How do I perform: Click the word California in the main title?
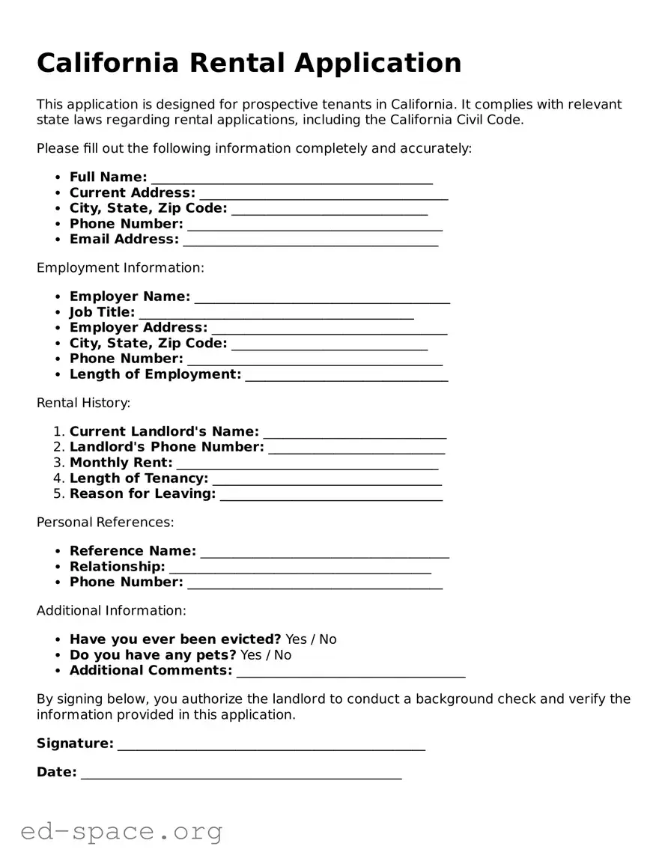click(x=108, y=63)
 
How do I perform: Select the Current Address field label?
click(x=133, y=192)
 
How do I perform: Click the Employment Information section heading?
click(x=120, y=268)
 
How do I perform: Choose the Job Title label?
click(x=103, y=312)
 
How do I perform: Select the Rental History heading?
click(x=83, y=403)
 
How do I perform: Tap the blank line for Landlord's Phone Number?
click(x=356, y=448)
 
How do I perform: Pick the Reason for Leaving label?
click(x=142, y=493)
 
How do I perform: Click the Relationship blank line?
click(x=300, y=568)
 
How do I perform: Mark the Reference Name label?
click(x=133, y=551)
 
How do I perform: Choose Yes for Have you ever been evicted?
click(x=296, y=639)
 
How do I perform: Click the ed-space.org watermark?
click(x=121, y=831)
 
